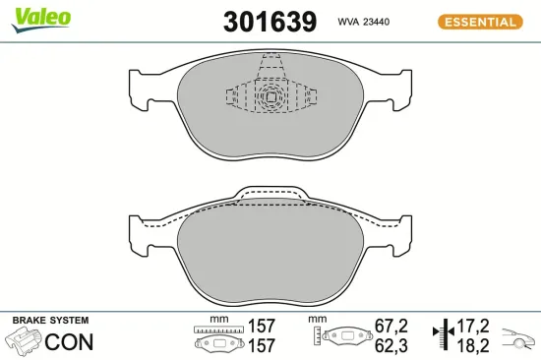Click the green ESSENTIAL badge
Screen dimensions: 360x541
tap(477, 21)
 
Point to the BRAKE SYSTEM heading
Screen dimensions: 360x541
tap(50, 321)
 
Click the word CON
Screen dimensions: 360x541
tap(71, 342)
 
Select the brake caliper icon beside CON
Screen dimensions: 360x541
tap(25, 342)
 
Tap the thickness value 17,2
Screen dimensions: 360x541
tap(477, 325)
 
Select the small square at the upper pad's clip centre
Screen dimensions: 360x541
tap(270, 96)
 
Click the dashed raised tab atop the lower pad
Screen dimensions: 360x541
tap(270, 194)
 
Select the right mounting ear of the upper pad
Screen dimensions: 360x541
tap(396, 90)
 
